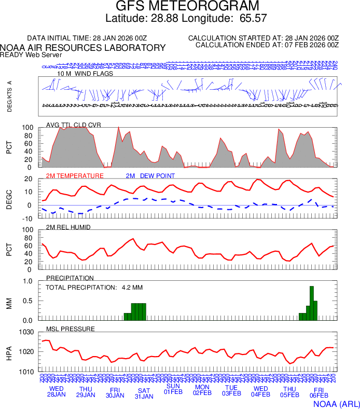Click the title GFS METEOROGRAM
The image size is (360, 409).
187,7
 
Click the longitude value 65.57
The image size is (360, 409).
254,19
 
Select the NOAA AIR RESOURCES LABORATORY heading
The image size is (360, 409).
83,48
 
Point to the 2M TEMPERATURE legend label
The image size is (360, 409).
75,176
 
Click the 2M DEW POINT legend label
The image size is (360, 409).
150,176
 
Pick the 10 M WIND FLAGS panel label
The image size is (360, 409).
85,74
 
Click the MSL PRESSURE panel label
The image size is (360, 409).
71,329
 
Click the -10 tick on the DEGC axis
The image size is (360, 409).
29,218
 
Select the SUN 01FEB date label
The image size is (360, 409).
173,389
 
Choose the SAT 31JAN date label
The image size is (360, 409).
144,393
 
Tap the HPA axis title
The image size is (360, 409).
9,352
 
